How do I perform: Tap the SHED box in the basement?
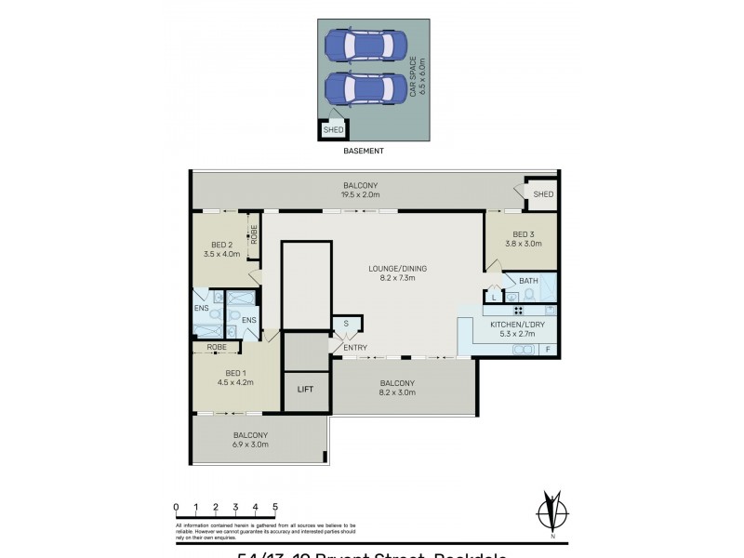click(x=332, y=130)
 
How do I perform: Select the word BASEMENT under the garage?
click(x=364, y=150)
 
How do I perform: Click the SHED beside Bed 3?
click(x=543, y=194)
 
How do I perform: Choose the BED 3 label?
click(x=524, y=238)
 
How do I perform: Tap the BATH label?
click(x=528, y=281)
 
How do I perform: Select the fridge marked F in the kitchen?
click(x=548, y=349)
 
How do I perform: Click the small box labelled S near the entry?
click(x=346, y=324)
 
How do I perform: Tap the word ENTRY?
click(x=355, y=348)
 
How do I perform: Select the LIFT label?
click(x=306, y=390)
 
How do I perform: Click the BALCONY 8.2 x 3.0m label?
click(x=397, y=388)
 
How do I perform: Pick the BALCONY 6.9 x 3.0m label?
click(x=250, y=439)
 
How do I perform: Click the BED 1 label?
click(x=234, y=376)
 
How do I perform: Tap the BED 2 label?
click(x=221, y=248)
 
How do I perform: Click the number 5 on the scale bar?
click(x=275, y=506)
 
